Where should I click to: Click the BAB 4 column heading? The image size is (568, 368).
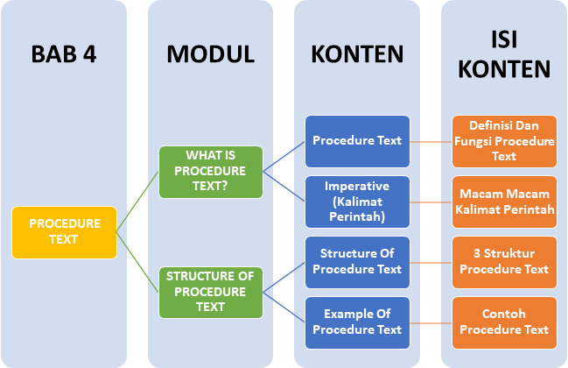pos(64,54)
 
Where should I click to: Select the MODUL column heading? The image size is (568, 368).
pos(210,54)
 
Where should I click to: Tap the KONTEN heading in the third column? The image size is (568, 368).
pos(357,54)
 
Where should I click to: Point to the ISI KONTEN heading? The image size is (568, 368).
pos(504,54)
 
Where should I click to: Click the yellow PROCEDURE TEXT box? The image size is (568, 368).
pos(64,232)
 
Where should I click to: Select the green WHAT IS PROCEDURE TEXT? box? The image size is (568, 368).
pos(210,171)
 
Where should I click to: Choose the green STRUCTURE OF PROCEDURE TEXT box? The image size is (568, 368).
pos(210,292)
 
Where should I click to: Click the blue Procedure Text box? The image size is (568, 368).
pos(357,140)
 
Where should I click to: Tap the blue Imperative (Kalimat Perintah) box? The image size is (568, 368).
pos(357,201)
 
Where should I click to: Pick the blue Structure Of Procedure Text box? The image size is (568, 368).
pos(357,261)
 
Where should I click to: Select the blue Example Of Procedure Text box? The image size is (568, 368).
pos(357,322)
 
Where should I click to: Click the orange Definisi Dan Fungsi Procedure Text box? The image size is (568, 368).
pos(504,140)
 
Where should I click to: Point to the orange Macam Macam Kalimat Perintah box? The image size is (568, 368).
pos(504,201)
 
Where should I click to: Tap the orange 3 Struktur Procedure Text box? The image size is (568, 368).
pos(504,261)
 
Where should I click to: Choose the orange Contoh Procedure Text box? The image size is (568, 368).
pos(504,322)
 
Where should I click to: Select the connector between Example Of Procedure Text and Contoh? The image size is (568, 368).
pos(431,322)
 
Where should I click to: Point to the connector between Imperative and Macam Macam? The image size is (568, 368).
pos(431,201)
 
